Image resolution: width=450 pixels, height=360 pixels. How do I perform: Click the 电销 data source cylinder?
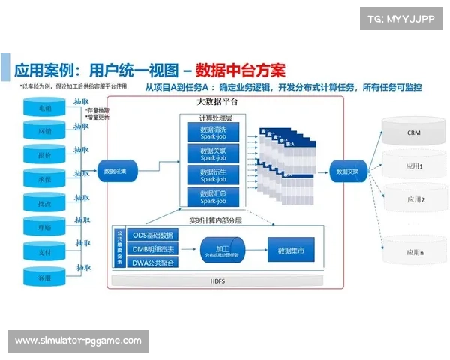pos(45,109)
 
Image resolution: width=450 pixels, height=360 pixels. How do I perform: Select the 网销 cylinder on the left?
pos(45,133)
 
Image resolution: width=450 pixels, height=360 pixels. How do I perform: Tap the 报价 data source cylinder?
pos(45,156)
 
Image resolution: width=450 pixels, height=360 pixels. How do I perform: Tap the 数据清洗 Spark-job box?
pos(213,133)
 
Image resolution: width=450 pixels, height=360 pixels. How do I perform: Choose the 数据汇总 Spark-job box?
pos(213,196)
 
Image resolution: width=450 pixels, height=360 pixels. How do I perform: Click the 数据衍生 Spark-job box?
pos(213,175)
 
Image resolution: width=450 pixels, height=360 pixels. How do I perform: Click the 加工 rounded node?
pos(223,248)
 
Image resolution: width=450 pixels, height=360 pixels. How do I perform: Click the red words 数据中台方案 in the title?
pos(241,70)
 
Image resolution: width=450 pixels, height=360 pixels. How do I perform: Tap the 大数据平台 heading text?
pos(217,101)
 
